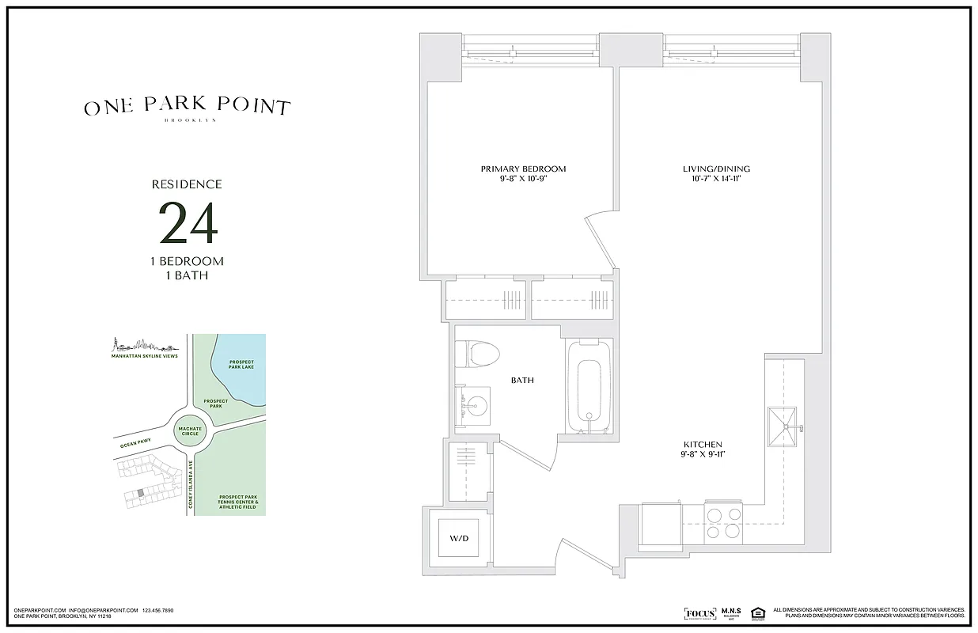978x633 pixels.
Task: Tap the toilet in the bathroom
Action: click(480, 353)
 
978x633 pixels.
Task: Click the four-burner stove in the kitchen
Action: click(723, 521)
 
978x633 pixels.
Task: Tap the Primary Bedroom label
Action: click(523, 169)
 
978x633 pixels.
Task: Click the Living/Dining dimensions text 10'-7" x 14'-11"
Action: click(716, 179)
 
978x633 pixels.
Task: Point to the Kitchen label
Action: click(703, 444)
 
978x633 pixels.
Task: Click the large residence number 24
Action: click(188, 224)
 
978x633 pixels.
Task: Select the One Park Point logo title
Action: click(188, 108)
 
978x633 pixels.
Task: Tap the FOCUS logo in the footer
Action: click(699, 613)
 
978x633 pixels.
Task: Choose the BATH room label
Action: click(522, 381)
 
